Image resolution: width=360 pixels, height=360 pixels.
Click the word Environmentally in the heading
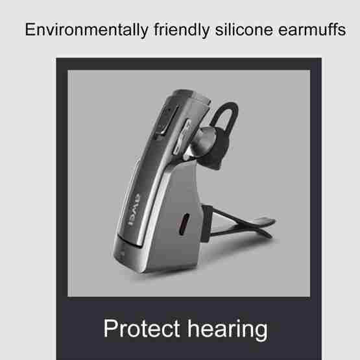[86, 30]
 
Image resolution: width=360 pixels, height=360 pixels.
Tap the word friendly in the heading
[182, 30]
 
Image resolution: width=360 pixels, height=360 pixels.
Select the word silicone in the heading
[244, 29]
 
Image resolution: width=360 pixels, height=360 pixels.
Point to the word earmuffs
[312, 29]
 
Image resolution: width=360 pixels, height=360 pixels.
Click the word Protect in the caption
[141, 328]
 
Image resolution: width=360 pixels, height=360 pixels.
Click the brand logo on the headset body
[134, 210]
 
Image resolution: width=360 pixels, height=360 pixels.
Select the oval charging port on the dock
[184, 224]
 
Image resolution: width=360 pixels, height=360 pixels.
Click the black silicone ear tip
[216, 149]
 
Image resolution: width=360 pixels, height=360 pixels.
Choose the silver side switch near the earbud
[182, 137]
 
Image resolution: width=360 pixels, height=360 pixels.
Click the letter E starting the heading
[30, 29]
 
